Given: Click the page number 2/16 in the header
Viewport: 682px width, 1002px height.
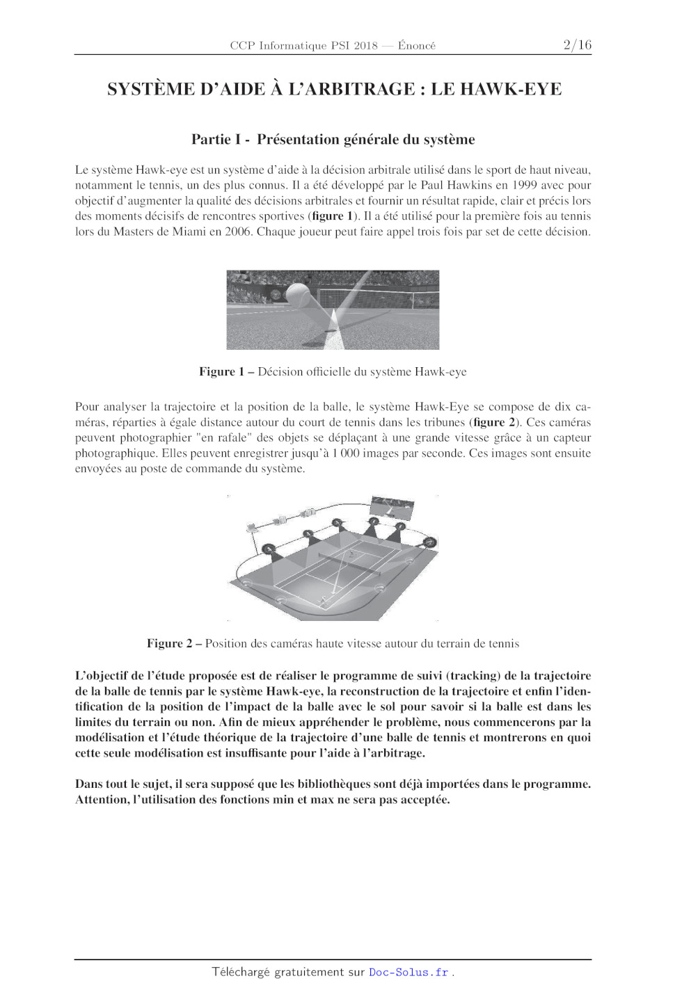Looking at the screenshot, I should [577, 45].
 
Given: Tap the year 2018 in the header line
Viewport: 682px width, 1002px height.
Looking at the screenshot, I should [365, 46].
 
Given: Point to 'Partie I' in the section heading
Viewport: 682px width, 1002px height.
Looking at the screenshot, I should [216, 140].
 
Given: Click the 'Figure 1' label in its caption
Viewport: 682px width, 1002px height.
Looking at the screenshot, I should [221, 372].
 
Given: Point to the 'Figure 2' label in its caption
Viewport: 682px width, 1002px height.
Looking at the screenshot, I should [169, 644].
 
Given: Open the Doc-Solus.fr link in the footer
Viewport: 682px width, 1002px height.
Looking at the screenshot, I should [409, 972].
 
